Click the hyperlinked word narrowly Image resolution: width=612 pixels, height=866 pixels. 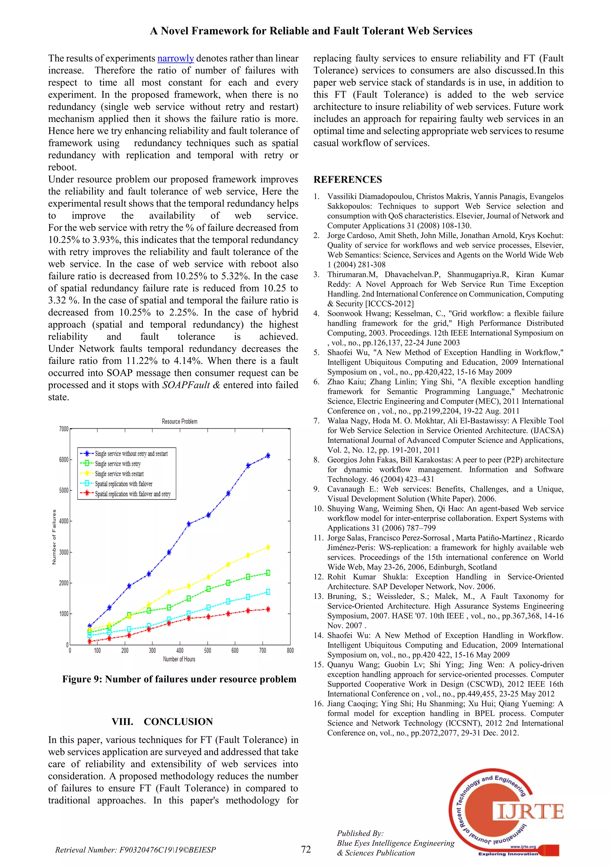[175, 59]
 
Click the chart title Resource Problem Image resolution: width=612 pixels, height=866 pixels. [179, 421]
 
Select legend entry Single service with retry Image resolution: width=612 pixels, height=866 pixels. [117, 464]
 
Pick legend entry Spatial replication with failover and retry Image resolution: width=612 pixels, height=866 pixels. [132, 494]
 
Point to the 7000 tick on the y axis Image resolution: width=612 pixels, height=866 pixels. [64, 429]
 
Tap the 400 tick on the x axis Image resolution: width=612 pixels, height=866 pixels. [180, 651]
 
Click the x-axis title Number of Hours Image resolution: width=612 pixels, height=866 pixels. [179, 659]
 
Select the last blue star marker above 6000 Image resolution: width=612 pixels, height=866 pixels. [268, 456]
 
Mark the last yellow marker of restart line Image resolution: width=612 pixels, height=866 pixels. [268, 547]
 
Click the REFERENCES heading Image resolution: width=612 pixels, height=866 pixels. [348, 179]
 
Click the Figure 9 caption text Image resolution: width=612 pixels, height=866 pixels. [179, 679]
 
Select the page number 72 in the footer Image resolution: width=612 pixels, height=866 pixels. [306, 849]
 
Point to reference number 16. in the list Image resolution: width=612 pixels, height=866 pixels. [319, 704]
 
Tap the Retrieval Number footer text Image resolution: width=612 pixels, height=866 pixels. [135, 850]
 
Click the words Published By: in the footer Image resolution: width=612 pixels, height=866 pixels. [360, 833]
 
